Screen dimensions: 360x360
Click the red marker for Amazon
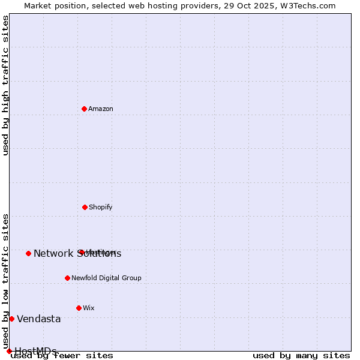click(84, 109)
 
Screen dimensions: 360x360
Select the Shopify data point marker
click(85, 207)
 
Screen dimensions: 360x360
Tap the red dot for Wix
click(79, 308)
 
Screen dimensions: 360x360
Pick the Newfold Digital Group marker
click(67, 278)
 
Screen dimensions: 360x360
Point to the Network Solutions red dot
click(28, 253)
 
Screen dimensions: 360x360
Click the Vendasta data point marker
click(11, 319)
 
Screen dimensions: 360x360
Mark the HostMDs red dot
click(9, 351)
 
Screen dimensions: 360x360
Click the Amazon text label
click(101, 109)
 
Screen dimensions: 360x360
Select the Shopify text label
click(100, 207)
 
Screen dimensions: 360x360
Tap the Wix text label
click(89, 308)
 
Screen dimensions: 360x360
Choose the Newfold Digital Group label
click(106, 278)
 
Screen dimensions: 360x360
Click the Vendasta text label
click(38, 319)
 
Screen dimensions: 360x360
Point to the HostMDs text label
click(35, 352)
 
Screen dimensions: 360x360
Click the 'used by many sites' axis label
click(301, 355)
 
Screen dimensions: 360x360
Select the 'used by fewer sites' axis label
click(62, 355)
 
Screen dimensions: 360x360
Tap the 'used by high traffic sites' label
click(6, 85)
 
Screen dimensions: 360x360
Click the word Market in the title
click(38, 5)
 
